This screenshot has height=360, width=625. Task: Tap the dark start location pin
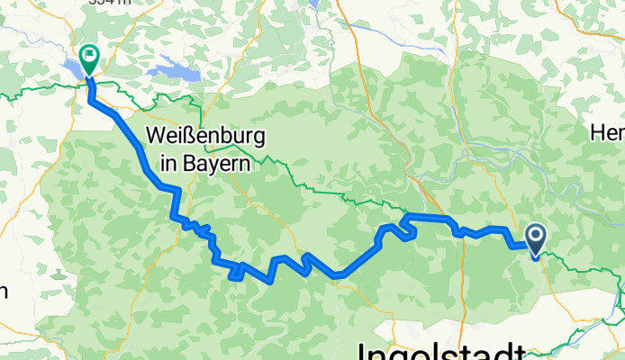tap(535, 240)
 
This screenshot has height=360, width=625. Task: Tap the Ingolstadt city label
tap(441, 350)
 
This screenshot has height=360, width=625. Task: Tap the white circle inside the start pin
tap(535, 237)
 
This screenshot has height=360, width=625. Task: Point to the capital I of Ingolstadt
tap(364, 350)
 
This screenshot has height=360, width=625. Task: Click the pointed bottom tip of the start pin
tap(535, 258)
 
